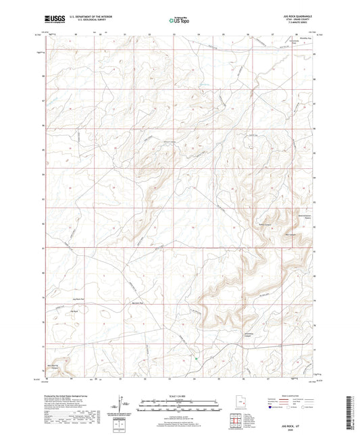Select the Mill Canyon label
290,235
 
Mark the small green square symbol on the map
197,359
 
